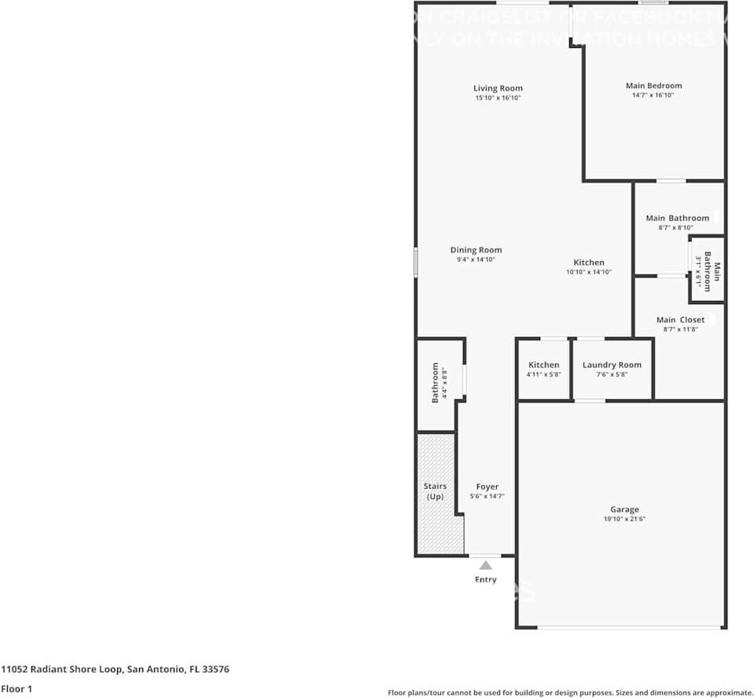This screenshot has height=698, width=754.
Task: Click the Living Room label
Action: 498,88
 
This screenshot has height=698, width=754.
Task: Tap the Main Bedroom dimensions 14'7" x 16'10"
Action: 653,95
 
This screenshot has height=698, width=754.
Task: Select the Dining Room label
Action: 476,250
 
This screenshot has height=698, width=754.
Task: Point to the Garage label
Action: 624,509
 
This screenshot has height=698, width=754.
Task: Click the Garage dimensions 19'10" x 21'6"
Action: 624,520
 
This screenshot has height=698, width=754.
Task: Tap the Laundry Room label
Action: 612,365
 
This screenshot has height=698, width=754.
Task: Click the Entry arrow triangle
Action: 486,565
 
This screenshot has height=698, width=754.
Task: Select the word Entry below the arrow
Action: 486,580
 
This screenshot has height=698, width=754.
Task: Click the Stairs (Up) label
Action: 435,492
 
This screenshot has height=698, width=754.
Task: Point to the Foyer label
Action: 487,487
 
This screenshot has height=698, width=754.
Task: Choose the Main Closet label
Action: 681,320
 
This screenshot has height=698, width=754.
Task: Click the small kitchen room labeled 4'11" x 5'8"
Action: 543,369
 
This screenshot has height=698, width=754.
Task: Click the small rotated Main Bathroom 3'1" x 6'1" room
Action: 707,270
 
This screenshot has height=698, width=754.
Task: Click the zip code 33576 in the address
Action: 215,670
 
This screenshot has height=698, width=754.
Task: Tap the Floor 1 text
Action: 17,689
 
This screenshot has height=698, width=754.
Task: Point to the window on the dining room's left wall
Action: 416,263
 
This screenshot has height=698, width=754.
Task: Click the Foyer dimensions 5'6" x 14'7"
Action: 487,496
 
